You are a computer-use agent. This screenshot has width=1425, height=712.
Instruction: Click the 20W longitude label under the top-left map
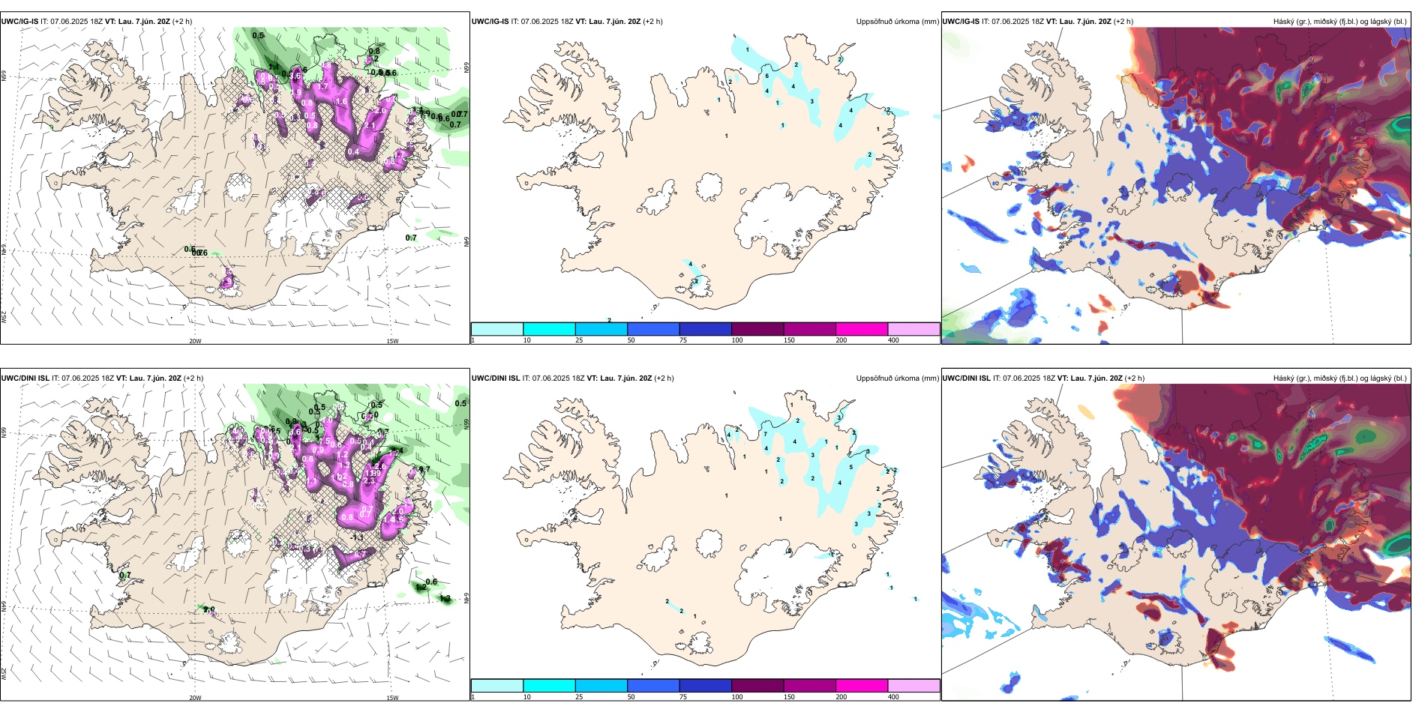[195, 341]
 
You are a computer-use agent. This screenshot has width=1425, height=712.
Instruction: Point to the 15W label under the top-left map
[392, 341]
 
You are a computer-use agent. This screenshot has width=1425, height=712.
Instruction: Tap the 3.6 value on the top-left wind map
[295, 76]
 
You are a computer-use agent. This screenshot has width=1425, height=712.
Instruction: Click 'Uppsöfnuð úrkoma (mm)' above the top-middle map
[897, 22]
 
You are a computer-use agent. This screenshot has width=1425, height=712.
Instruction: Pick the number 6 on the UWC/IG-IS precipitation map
[766, 76]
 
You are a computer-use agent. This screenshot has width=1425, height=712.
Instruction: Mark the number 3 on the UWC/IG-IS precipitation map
[811, 101]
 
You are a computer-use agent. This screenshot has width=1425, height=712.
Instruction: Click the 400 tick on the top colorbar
[893, 340]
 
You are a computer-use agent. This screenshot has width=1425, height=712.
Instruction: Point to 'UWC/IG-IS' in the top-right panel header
[961, 22]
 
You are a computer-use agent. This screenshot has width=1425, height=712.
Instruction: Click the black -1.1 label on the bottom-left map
[358, 537]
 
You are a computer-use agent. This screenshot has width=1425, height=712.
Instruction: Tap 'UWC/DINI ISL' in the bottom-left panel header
[25, 378]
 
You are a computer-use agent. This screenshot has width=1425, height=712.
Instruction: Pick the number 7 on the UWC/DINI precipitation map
[765, 434]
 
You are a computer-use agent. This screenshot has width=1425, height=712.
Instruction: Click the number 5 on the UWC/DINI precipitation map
[850, 467]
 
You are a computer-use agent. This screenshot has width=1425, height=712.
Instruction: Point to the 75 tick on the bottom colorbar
[683, 697]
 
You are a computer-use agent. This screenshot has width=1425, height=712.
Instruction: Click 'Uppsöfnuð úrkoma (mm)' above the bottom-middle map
[897, 378]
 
